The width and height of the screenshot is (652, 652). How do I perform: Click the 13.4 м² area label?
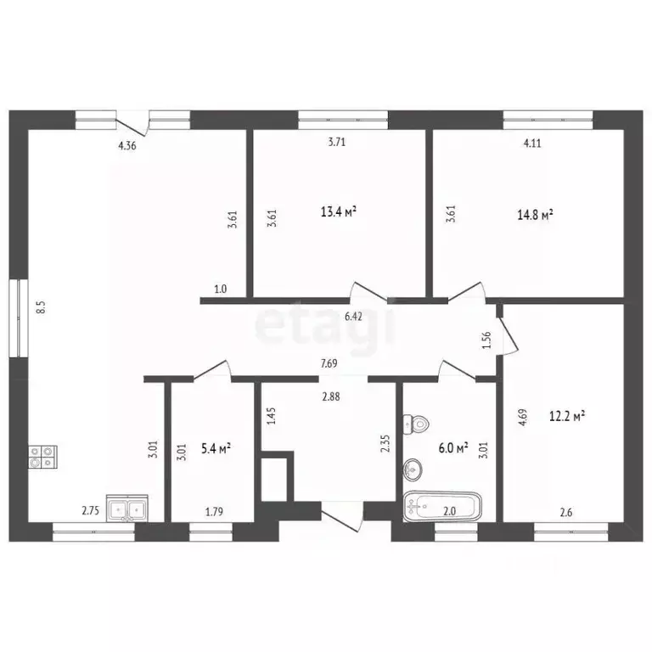pos(339,211)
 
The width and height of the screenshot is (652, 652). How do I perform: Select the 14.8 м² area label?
pos(535,215)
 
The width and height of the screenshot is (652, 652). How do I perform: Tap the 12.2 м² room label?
pos(567,416)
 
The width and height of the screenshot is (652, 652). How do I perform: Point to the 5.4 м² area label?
pos(216,449)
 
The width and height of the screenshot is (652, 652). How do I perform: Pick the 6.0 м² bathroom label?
pos(453,448)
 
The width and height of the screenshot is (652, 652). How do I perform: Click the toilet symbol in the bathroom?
pos(417,424)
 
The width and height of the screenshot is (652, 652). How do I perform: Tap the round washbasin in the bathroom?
pos(413,469)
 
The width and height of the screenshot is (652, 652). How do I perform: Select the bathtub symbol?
pos(442,507)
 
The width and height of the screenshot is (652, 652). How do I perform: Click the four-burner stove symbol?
pos(42,457)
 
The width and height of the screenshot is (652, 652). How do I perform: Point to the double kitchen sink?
pos(127,508)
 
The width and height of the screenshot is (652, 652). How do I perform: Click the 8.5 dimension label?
pos(41,308)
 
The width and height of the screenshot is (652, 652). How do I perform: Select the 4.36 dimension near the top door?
pos(127,145)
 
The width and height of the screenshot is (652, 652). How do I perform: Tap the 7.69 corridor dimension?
pos(329,363)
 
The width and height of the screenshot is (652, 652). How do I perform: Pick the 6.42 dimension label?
pos(353,317)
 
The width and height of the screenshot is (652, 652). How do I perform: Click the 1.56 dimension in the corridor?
pos(488,340)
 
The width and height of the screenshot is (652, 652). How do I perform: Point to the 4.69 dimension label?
pos(523,417)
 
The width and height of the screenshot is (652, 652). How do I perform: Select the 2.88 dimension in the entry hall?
pos(331,396)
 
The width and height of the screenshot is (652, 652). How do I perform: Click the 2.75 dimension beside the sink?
pos(91,510)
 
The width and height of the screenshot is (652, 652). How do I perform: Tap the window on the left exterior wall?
pos(19,318)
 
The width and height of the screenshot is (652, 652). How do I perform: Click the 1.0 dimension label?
pos(221,289)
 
